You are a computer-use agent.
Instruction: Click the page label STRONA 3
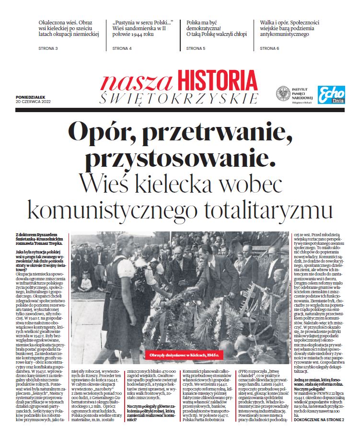48,49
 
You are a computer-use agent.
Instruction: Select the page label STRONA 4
122,49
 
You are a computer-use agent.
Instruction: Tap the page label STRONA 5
196,49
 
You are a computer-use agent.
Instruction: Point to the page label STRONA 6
269,49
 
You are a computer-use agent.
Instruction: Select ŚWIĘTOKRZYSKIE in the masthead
178,98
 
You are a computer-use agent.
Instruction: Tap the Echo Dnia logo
331,94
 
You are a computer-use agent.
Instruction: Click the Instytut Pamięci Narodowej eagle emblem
283,93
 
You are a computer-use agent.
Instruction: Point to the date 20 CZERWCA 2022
33,102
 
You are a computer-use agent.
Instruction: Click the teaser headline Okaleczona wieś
69,28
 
